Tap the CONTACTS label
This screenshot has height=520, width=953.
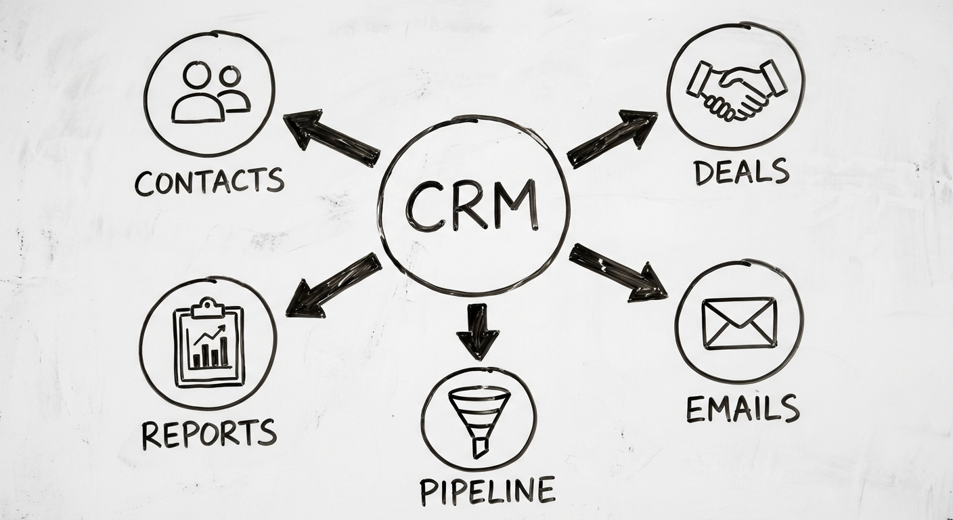[x=208, y=181]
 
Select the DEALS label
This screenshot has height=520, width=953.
[x=741, y=171]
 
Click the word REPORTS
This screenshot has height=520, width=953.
[x=208, y=433]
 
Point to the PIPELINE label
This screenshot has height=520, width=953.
[x=487, y=490]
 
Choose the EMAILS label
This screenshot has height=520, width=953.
[x=743, y=408]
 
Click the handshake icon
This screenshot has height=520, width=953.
[x=736, y=87]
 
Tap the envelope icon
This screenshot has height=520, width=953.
[x=739, y=323]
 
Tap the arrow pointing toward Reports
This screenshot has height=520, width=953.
[x=332, y=286]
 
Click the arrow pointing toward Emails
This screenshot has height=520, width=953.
[x=618, y=272]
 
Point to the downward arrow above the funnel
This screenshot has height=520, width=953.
[x=478, y=330]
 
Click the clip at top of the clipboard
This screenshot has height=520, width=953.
[x=208, y=308]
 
